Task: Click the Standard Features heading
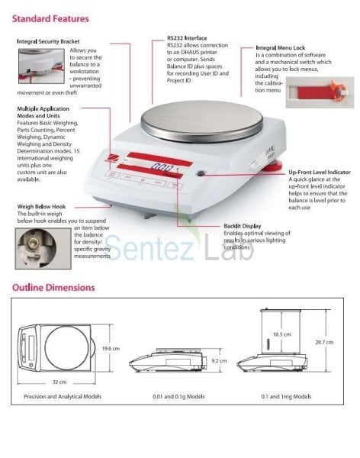pos(50,17)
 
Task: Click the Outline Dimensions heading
pos(53,288)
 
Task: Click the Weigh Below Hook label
pos(45,206)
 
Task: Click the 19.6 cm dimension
pos(111,348)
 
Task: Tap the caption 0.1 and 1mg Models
pos(286,397)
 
